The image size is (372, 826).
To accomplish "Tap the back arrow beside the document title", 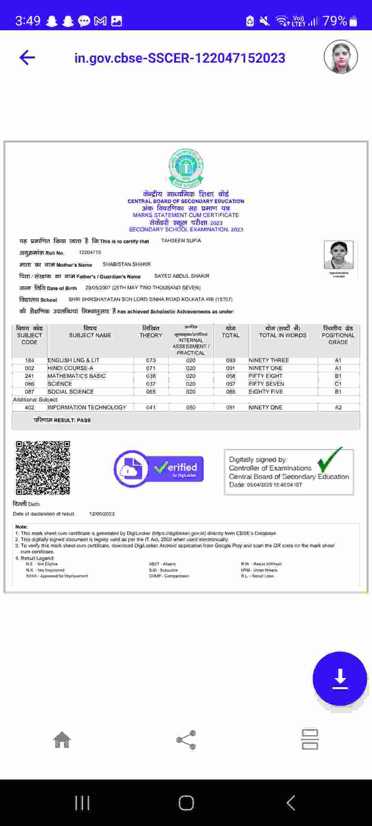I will (x=28, y=57).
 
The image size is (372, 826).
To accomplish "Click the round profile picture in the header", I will (x=341, y=57).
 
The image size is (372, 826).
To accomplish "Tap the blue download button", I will (x=340, y=678).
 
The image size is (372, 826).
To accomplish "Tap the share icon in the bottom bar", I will (x=186, y=740).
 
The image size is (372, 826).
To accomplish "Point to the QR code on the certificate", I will (x=43, y=468).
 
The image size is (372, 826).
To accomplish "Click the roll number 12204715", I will (x=90, y=252).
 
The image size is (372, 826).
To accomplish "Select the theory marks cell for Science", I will (x=151, y=384).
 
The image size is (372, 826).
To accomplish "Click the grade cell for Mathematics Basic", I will (x=338, y=376).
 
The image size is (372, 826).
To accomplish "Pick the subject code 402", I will (x=30, y=407).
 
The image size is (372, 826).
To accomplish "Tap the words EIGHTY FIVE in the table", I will (x=266, y=392).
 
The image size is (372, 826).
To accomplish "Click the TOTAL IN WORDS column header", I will (x=283, y=335).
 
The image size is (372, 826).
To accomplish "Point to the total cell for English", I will (x=230, y=360).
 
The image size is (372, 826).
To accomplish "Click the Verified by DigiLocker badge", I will (x=159, y=468).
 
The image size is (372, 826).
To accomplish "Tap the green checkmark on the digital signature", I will (x=329, y=460).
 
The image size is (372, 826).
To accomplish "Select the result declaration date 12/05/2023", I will (x=102, y=514).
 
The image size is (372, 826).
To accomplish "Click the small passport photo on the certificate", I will (x=339, y=255).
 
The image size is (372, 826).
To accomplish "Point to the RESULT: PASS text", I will (x=62, y=420).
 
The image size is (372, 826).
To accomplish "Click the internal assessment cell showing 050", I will (x=190, y=407).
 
